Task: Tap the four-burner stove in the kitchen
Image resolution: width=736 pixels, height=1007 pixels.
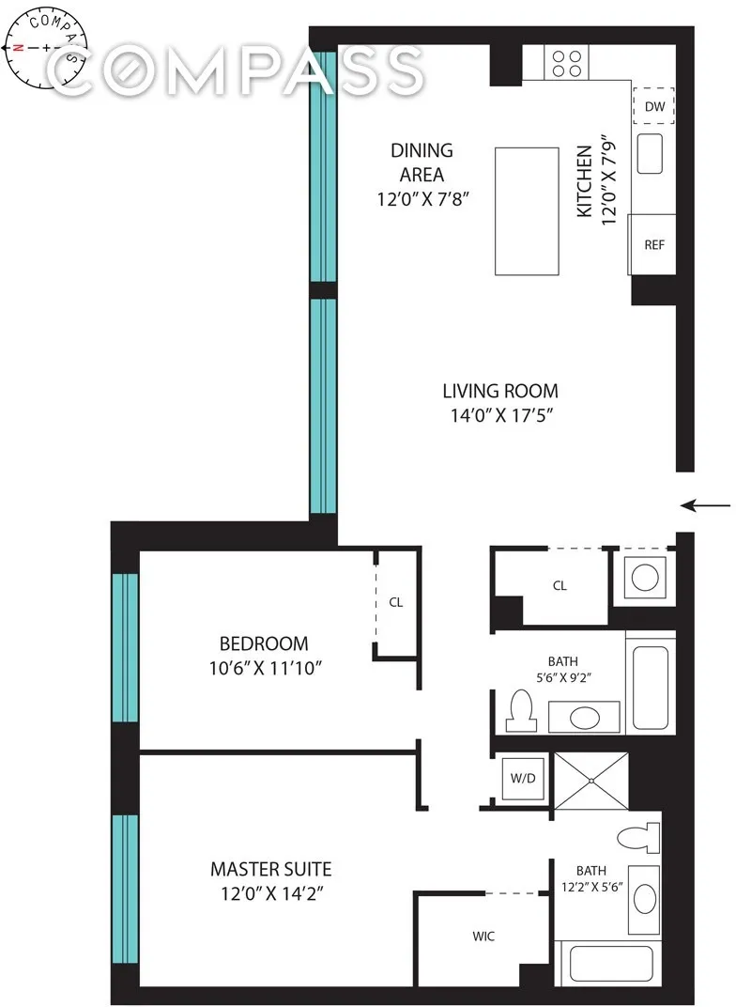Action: [566, 64]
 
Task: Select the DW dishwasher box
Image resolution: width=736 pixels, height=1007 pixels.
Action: [654, 106]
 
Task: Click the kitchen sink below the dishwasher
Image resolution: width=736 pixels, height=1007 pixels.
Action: [651, 153]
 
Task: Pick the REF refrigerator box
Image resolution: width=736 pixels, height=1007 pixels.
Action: [653, 244]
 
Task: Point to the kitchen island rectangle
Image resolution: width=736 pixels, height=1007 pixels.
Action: [527, 210]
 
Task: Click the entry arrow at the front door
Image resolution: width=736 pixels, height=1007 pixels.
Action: [705, 506]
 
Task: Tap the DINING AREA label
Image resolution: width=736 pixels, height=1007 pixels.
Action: [422, 163]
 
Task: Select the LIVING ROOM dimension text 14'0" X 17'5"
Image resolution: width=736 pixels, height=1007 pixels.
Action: [500, 414]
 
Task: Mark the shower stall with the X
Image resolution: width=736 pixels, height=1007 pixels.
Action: [591, 780]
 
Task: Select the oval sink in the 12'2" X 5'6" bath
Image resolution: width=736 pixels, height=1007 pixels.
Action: [646, 898]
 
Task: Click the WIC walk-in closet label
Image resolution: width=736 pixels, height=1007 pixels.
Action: [483, 937]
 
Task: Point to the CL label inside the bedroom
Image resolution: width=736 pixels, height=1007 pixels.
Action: [395, 602]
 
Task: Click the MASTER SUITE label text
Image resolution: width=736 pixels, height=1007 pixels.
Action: [270, 870]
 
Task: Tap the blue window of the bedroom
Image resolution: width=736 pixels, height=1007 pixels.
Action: [125, 647]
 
